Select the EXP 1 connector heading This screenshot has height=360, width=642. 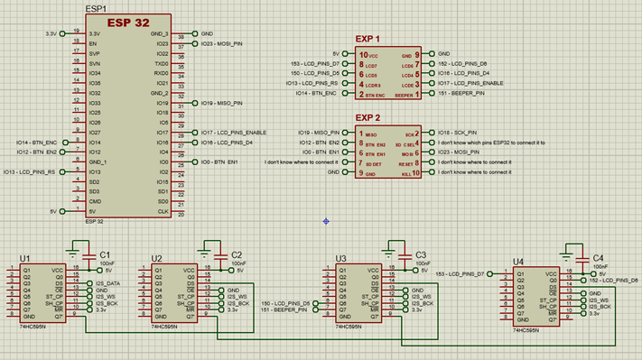pyautogui.click(x=367, y=40)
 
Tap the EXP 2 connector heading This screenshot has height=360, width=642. pyautogui.click(x=367, y=118)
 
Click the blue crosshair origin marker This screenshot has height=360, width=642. pyautogui.click(x=326, y=220)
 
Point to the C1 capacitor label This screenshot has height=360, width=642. pyautogui.click(x=105, y=255)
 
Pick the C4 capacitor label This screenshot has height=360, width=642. pyautogui.click(x=598, y=258)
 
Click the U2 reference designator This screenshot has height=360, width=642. pyautogui.click(x=157, y=258)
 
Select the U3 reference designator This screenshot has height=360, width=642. pyautogui.click(x=340, y=259)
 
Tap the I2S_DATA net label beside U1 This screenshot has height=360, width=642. pyautogui.click(x=107, y=283)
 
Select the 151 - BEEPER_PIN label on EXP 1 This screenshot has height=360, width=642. pyautogui.click(x=461, y=93)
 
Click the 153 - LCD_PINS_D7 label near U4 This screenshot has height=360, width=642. pyautogui.click(x=460, y=272)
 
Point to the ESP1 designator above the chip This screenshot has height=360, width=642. pyautogui.click(x=95, y=7)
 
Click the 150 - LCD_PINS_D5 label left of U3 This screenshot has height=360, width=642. pyautogui.click(x=285, y=303)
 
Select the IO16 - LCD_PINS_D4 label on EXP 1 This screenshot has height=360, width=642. pyautogui.click(x=465, y=73)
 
